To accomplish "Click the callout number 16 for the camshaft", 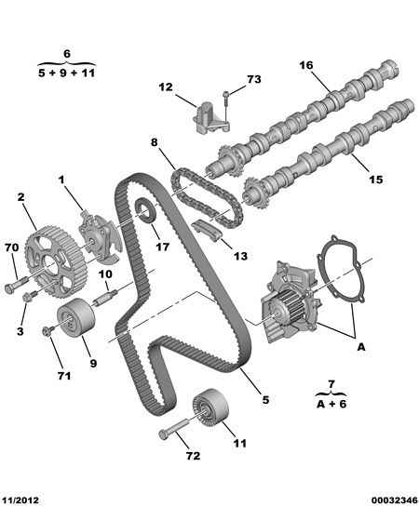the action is pyautogui.click(x=306, y=65).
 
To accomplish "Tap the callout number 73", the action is pyautogui.click(x=253, y=79).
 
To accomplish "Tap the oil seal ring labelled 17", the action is pyautogui.click(x=145, y=211).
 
